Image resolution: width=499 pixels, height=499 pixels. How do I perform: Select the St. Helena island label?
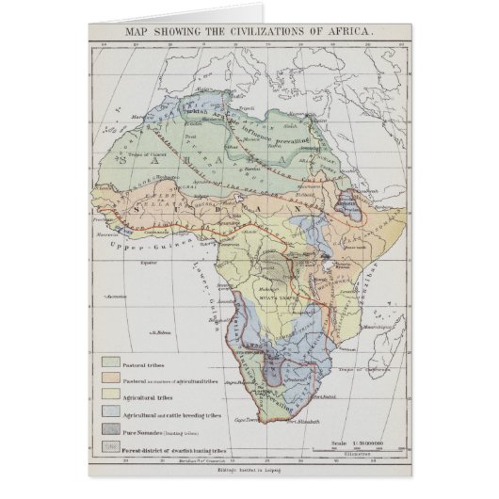(154, 332)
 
